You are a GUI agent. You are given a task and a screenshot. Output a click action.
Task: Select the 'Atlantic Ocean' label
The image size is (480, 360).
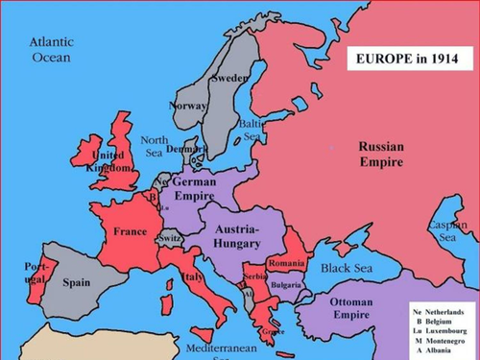click(x=51, y=50)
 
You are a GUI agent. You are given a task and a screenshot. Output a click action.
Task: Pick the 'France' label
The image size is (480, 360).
click(x=130, y=231)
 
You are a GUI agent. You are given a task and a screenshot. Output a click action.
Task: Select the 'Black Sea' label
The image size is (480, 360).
click(x=345, y=268)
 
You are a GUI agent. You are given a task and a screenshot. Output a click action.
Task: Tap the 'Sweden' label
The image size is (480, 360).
click(x=229, y=78)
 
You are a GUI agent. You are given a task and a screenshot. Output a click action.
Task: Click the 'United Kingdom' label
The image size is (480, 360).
click(x=107, y=160)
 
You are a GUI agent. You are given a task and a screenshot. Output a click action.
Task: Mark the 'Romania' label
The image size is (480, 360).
click(x=286, y=263)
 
